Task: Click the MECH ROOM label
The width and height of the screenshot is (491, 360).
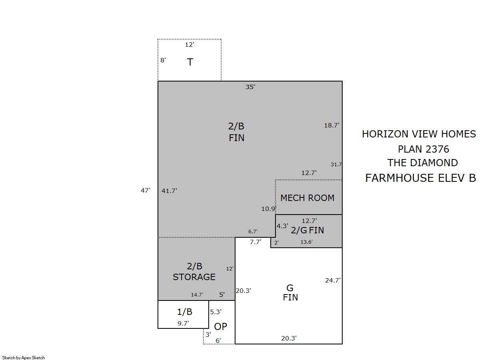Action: pos(307,198)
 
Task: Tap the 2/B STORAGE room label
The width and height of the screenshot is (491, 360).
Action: pos(194,272)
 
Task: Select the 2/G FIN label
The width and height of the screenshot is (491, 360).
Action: pos(307,231)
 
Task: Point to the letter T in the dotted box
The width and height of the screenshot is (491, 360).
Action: pos(190,62)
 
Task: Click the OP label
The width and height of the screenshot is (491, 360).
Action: pos(220,327)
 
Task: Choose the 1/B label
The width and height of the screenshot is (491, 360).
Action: pos(185,312)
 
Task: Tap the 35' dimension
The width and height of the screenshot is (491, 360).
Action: pos(250,87)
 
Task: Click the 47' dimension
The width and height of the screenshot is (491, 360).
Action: pos(145,190)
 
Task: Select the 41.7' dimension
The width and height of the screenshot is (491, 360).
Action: pos(169,191)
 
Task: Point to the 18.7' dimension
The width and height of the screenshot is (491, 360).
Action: pos(331,125)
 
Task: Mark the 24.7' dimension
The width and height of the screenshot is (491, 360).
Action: pos(333,280)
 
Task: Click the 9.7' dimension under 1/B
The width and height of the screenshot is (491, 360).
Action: pos(183,323)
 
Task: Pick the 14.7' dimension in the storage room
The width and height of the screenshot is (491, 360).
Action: pos(197,294)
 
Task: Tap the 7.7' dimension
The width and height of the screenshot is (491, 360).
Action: pos(255,242)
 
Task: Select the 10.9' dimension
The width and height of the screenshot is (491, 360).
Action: pos(269,209)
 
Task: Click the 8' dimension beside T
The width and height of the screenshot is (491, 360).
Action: pos(163,60)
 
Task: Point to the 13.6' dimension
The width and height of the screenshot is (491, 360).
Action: pos(306,242)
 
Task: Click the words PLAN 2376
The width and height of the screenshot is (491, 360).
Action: pos(423,149)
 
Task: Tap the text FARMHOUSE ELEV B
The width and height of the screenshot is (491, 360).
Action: pos(421,178)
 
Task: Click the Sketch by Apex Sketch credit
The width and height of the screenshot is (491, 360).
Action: pos(24,358)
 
